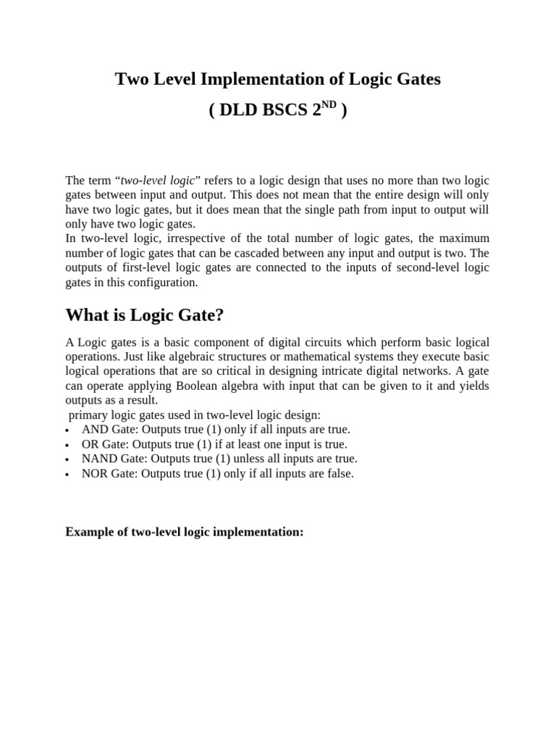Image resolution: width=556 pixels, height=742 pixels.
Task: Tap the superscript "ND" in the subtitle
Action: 329,105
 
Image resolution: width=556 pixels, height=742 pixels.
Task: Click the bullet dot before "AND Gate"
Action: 67,430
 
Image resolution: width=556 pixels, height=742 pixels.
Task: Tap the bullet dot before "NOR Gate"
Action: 67,475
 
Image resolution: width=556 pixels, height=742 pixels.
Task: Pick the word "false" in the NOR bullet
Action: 337,473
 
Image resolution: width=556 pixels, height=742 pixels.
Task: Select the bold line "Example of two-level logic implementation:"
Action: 185,532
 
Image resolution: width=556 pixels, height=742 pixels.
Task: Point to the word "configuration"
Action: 161,283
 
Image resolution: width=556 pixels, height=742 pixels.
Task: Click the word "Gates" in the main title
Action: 416,80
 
